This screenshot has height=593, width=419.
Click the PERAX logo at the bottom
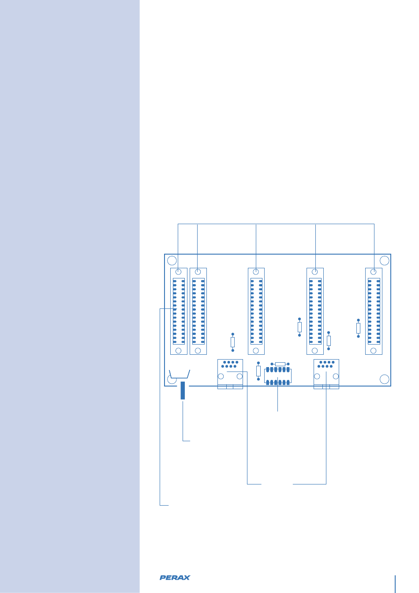coord(175,577)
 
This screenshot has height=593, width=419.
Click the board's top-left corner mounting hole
coord(172,260)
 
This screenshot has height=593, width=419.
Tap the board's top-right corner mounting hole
coord(385,260)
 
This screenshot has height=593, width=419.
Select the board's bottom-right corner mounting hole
coord(385,379)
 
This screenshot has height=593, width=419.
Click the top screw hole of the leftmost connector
coord(179,272)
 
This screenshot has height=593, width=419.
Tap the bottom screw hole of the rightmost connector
coord(374,351)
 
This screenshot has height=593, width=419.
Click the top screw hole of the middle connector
coord(256,272)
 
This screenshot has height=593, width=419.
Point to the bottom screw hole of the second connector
coord(198,351)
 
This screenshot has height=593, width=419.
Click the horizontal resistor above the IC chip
coord(280,364)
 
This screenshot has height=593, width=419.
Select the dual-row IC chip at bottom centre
coord(278,375)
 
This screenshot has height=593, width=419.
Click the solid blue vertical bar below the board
coord(183,391)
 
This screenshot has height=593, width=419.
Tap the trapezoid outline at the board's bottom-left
coord(180,374)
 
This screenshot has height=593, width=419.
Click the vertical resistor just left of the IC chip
coord(258,371)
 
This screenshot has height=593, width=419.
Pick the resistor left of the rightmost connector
coord(358,328)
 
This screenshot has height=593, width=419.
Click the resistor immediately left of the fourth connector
coord(299,327)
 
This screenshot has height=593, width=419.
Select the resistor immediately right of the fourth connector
coord(329,341)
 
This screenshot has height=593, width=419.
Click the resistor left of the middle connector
coord(233,342)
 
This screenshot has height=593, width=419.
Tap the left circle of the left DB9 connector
coord(221,376)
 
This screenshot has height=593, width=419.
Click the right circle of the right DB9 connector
coord(336,376)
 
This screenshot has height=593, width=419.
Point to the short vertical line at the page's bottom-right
coord(395,584)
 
